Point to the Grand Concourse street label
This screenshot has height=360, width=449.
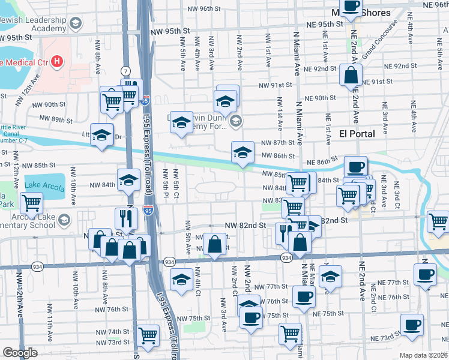click(379, 41)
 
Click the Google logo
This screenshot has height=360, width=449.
click(20, 353)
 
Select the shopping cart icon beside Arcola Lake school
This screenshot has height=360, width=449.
click(31, 203)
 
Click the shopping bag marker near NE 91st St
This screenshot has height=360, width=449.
click(351, 76)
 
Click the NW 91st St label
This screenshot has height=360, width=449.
click(275, 86)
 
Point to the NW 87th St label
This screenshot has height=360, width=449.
click(277, 143)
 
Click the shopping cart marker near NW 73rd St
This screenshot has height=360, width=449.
click(148, 337)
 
